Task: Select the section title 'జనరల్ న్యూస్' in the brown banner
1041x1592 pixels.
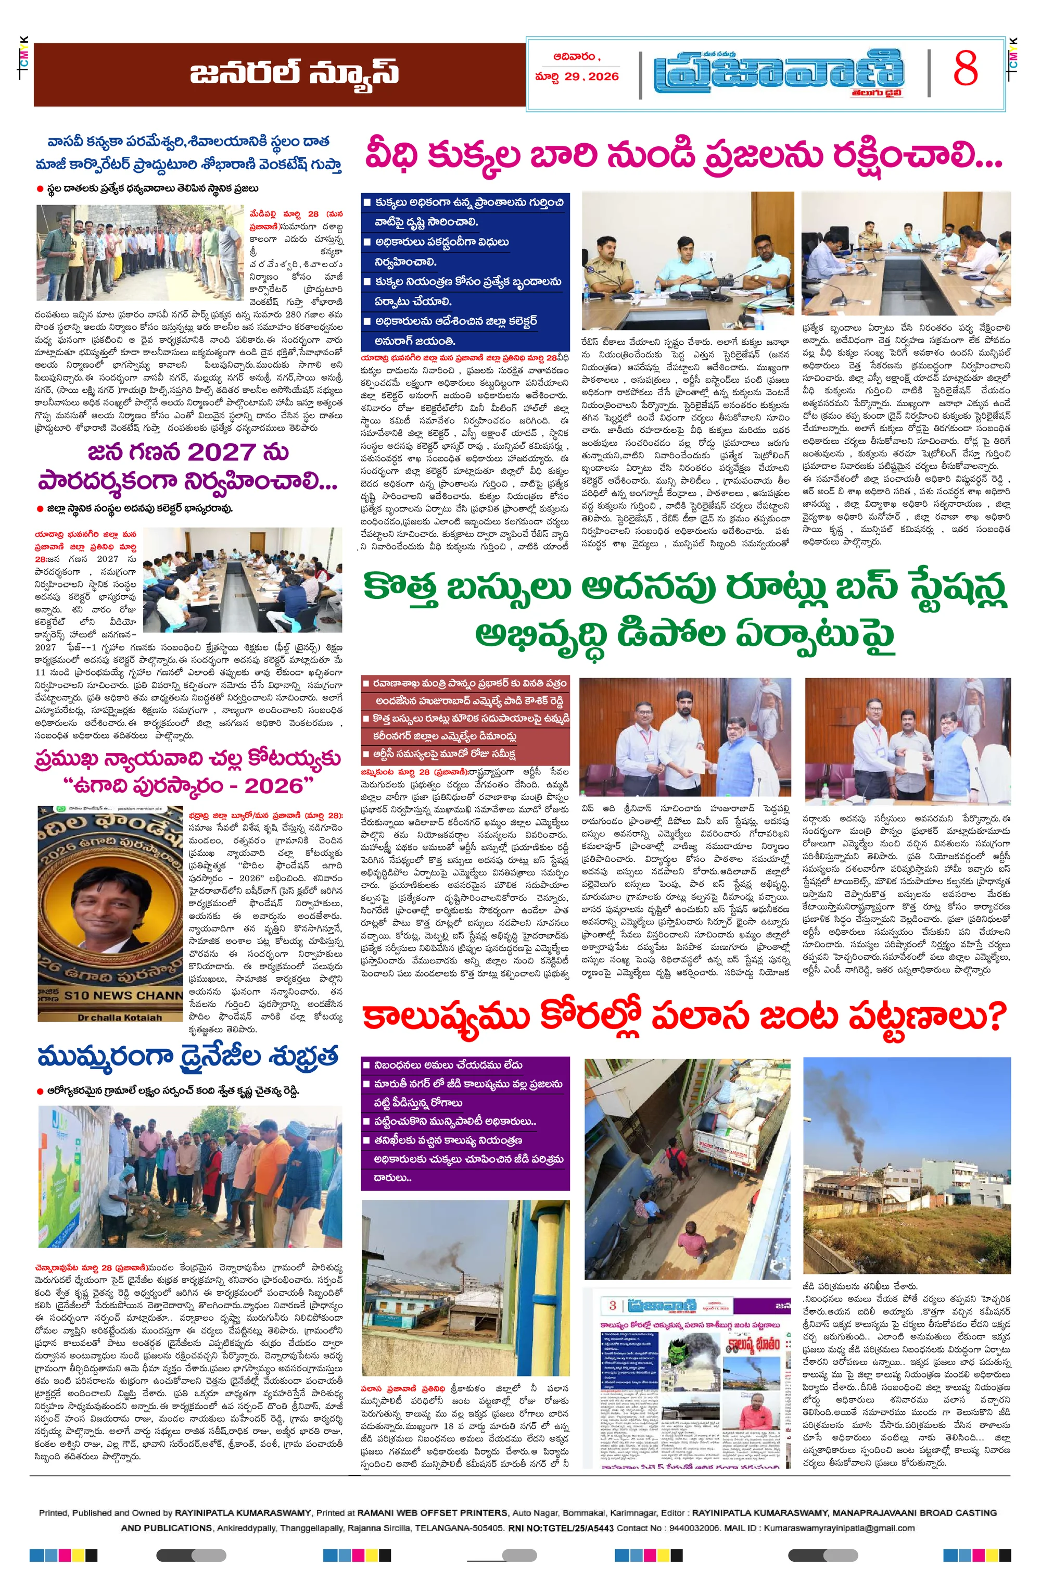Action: coord(294,73)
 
